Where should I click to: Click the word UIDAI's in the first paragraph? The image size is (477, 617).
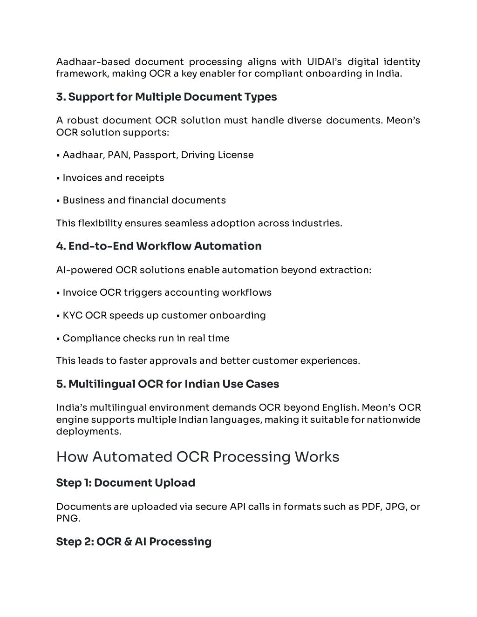tap(324, 62)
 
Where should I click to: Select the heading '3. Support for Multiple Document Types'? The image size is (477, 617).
tap(166, 97)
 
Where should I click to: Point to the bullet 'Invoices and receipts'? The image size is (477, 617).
tap(113, 178)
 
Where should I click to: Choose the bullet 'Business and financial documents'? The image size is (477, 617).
tap(144, 200)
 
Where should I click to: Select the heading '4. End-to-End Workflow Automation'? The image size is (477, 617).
tap(158, 246)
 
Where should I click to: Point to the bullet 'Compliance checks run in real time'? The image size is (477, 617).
tap(146, 338)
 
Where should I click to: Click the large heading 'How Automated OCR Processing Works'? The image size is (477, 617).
tap(198, 457)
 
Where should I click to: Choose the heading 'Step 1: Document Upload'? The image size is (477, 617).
tap(125, 483)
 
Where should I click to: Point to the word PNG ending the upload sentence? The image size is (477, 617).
tap(67, 518)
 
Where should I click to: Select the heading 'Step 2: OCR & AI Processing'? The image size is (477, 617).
tap(134, 542)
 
